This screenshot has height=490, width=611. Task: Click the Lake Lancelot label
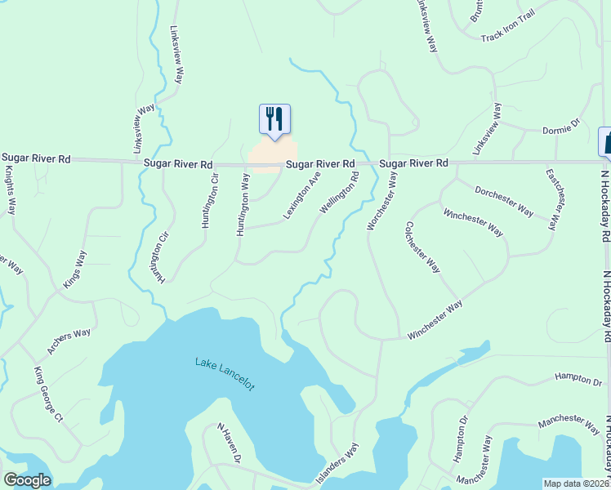tap(225, 373)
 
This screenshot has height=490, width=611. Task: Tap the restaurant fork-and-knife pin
tap(274, 119)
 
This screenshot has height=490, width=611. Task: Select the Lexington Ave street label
tap(301, 194)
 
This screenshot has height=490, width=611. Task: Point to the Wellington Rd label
tap(339, 193)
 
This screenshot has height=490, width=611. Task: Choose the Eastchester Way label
tap(554, 198)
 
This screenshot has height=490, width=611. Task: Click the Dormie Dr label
tap(560, 129)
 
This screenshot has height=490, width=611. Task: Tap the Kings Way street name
tap(74, 274)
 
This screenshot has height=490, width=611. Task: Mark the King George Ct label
tap(48, 395)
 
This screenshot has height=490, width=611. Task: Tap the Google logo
tap(27, 480)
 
